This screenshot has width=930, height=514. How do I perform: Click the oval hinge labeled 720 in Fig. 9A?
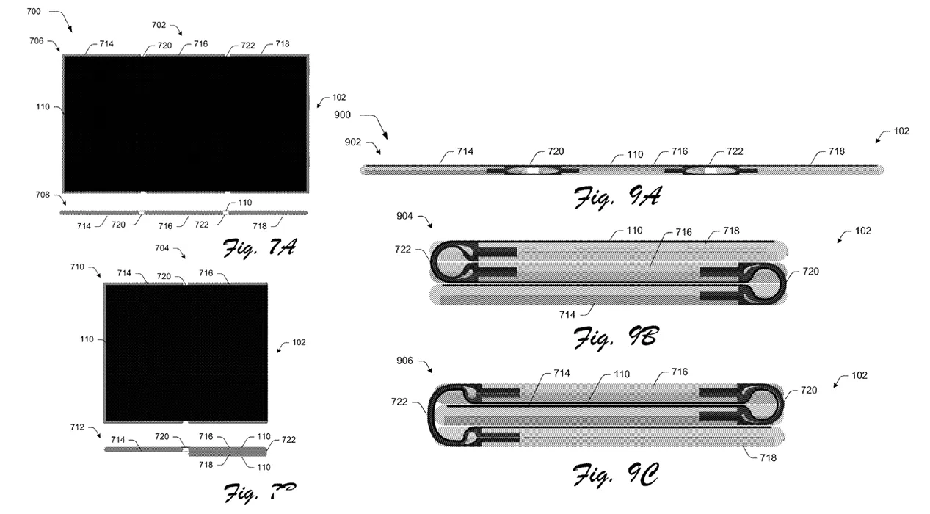[534, 170]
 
